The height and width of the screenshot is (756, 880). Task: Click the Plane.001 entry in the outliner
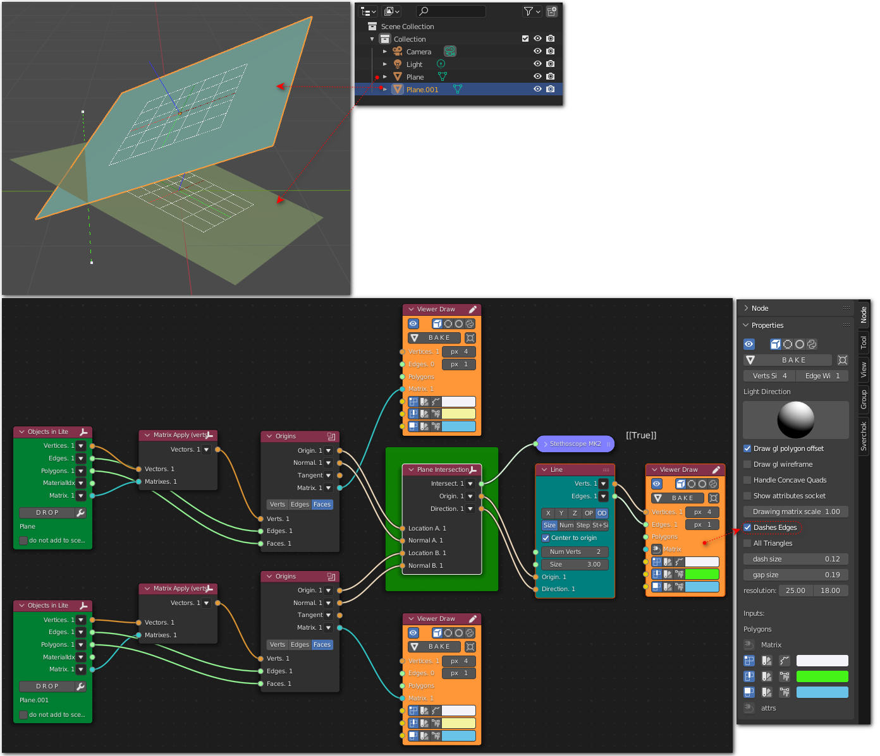422,89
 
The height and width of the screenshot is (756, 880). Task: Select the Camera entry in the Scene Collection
419,52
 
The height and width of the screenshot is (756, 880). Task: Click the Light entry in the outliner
414,64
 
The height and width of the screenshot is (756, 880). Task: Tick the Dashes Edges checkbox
747,527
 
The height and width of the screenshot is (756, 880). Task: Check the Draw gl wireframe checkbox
747,464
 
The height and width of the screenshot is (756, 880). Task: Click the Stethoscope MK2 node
575,444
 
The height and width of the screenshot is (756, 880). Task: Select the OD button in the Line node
602,513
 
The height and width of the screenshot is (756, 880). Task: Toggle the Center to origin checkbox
546,538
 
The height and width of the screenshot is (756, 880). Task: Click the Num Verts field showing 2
575,552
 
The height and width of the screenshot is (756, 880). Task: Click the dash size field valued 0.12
796,559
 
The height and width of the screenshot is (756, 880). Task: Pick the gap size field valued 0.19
796,575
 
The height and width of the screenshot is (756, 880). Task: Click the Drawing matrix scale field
796,512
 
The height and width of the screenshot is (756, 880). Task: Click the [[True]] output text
641,435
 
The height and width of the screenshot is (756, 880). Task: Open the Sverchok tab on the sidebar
864,436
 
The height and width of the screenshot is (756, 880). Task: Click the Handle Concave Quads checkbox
747,481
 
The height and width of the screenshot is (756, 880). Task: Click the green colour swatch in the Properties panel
822,676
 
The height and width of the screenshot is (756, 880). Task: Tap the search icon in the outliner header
424,11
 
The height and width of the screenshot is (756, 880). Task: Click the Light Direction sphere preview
796,420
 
